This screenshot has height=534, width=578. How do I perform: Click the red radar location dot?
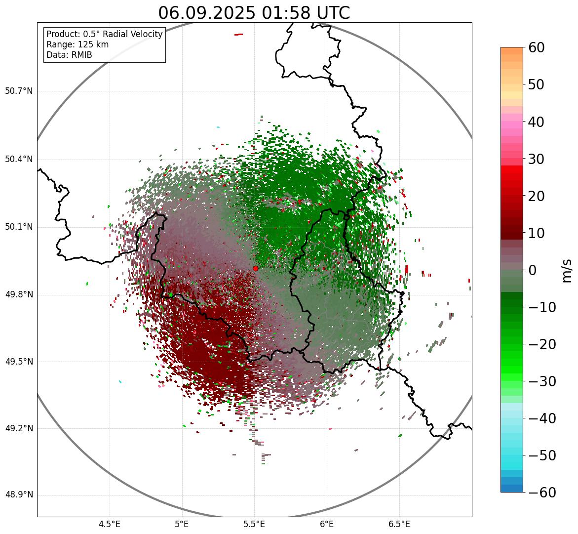pos(255,268)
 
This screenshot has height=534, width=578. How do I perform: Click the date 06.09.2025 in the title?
pos(207,13)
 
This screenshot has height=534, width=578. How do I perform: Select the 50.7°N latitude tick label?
pos(19,91)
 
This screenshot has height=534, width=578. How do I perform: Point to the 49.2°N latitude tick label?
pos(19,428)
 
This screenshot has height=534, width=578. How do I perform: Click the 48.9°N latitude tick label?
pos(19,495)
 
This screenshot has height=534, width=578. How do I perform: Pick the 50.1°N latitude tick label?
pos(19,227)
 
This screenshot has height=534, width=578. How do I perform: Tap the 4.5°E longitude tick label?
pos(110,524)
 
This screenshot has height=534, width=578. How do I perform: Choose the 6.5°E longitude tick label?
pos(399,524)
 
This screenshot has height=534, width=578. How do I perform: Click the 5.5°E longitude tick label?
pos(254,524)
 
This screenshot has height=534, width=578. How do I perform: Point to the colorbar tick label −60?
pos(542,493)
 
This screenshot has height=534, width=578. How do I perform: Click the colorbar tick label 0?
pos(533,270)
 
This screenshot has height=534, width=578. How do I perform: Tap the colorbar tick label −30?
pos(542,381)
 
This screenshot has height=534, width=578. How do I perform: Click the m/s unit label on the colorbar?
pos(567,270)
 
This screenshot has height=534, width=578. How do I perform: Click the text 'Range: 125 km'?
pos(77,44)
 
